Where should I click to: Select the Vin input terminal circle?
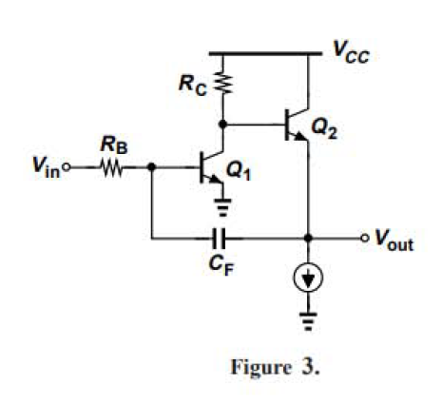coord(69,171)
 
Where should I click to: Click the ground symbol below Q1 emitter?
coord(223,208)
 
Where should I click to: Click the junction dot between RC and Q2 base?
coord(223,124)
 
